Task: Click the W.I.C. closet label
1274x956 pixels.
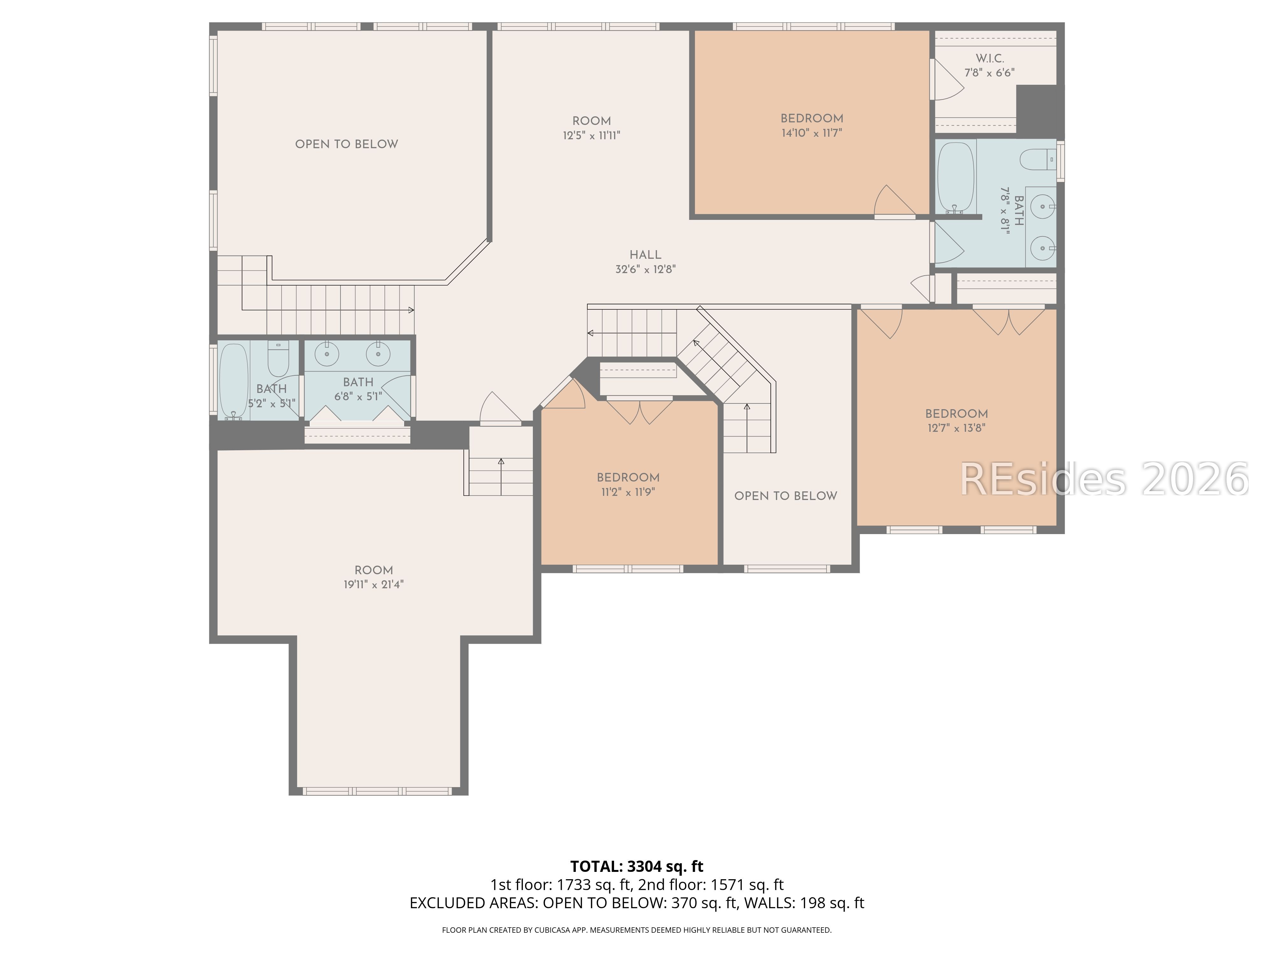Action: (990, 59)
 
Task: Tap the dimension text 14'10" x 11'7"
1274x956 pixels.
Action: (812, 133)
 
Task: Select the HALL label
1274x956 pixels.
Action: (645, 255)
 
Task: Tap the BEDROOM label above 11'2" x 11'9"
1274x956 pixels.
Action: (628, 478)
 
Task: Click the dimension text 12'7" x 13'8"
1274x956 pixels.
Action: (956, 428)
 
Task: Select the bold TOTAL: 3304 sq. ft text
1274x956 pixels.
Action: (636, 866)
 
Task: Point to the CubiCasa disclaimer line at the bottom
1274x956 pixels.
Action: (636, 930)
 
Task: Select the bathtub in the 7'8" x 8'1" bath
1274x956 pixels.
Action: (955, 177)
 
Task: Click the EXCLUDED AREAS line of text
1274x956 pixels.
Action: (636, 903)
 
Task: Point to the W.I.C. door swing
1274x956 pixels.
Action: (946, 81)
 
